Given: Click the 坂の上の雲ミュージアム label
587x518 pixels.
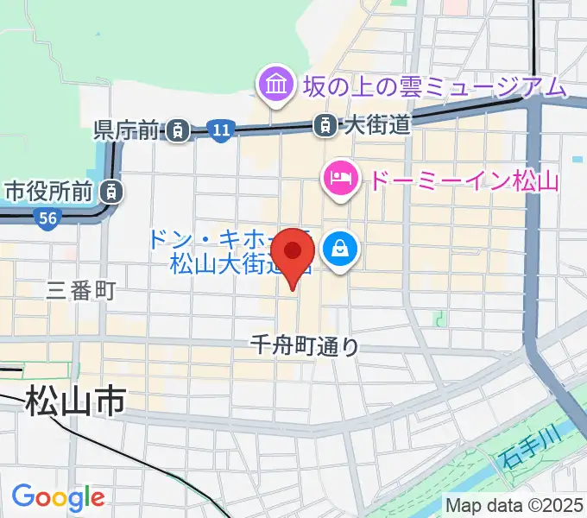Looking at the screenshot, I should (434, 85).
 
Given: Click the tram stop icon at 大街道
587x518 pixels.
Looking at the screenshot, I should (325, 126).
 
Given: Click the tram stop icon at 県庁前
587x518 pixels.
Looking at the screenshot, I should (178, 130).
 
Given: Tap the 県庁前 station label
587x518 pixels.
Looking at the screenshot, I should (127, 130).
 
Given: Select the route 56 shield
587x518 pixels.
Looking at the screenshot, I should (47, 220).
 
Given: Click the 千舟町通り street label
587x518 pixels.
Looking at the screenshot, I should (303, 346).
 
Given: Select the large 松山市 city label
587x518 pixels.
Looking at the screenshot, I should (75, 401).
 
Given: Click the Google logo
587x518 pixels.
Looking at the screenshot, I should (58, 496).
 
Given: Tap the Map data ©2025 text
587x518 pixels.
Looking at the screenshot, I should (515, 504).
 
